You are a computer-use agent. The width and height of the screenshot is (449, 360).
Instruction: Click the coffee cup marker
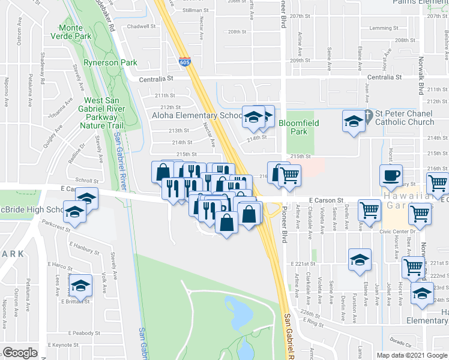click(x=391, y=175)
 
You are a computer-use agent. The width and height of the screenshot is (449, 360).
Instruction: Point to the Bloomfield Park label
click(x=298, y=127)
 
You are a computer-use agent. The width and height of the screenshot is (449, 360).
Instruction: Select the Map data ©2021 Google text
click(x=411, y=355)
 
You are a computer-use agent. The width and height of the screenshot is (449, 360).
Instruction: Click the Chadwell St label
click(x=142, y=26)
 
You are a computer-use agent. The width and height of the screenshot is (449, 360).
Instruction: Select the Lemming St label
click(x=384, y=28)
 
